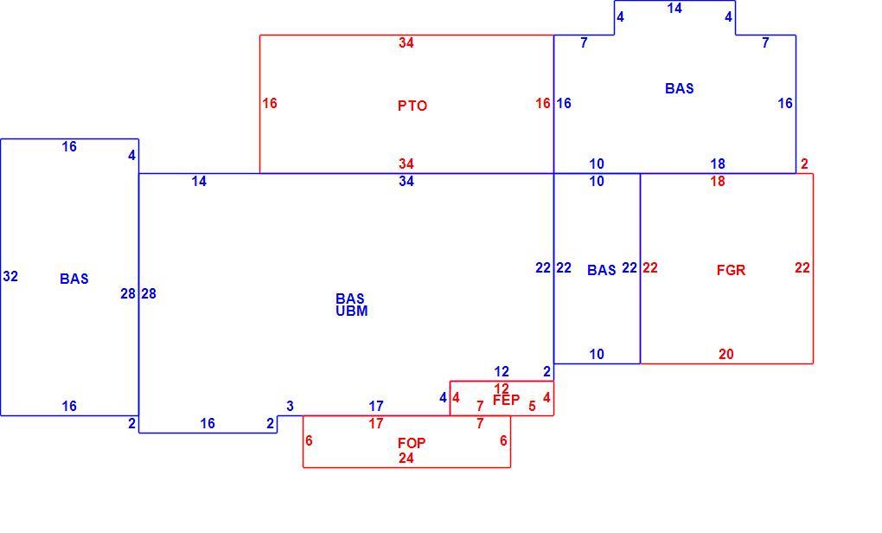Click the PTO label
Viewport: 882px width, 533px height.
click(412, 106)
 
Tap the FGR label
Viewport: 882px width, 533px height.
click(731, 270)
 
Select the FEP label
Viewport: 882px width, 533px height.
click(506, 400)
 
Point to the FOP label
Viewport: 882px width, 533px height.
click(412, 443)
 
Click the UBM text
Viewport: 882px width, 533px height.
click(352, 311)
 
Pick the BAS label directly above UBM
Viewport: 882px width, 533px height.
click(350, 299)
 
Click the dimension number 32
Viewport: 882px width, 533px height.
click(10, 276)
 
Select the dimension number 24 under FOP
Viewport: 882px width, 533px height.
click(406, 459)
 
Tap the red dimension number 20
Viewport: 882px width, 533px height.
click(725, 354)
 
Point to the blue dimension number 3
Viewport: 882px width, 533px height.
click(290, 406)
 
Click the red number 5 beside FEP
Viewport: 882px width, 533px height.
click(532, 406)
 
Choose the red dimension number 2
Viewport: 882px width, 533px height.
click(804, 164)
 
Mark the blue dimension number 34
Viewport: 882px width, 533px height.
click(406, 181)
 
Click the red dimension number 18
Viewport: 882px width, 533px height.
click(717, 181)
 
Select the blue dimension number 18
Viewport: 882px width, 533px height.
click(717, 164)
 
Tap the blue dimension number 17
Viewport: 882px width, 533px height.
click(376, 406)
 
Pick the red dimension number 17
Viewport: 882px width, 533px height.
click(376, 423)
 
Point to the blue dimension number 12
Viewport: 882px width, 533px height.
click(502, 371)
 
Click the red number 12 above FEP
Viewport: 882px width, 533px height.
click(502, 388)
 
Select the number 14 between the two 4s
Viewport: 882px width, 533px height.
click(674, 8)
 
